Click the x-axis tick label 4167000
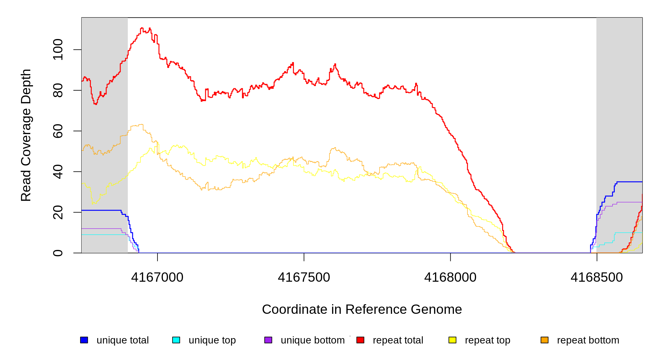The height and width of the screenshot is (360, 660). pyautogui.click(x=157, y=277)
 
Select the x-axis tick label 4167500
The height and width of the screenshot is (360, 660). pyautogui.click(x=304, y=277)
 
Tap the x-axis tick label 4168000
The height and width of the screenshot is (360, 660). pyautogui.click(x=450, y=277)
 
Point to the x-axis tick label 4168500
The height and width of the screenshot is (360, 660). pyautogui.click(x=597, y=277)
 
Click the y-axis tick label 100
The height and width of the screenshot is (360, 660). pyautogui.click(x=58, y=49)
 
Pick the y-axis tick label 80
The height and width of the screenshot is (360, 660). pyautogui.click(x=58, y=90)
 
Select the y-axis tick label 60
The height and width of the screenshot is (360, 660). pyautogui.click(x=58, y=131)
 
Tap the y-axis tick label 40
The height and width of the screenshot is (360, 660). pyautogui.click(x=58, y=172)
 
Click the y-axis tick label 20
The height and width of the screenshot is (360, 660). pyautogui.click(x=58, y=212)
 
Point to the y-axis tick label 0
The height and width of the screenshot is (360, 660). pyautogui.click(x=58, y=253)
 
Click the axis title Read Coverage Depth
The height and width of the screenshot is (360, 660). pyautogui.click(x=26, y=135)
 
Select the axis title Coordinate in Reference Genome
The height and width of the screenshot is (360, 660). pyautogui.click(x=362, y=309)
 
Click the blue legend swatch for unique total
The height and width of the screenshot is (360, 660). pyautogui.click(x=84, y=340)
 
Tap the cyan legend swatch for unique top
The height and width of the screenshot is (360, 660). pyautogui.click(x=176, y=340)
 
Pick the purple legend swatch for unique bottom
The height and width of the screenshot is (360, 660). pyautogui.click(x=268, y=340)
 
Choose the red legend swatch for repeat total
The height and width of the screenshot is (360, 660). pyautogui.click(x=360, y=340)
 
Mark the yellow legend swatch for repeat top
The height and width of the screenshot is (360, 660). pyautogui.click(x=452, y=340)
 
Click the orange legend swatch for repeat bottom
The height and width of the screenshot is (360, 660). pyautogui.click(x=544, y=340)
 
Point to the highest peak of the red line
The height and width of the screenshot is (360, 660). pyautogui.click(x=142, y=28)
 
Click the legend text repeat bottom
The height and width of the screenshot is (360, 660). pyautogui.click(x=588, y=340)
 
